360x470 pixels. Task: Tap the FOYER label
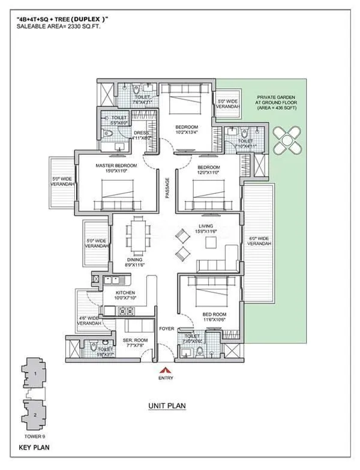166,328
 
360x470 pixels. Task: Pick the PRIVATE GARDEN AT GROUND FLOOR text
275,103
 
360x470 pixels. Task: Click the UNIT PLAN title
167,406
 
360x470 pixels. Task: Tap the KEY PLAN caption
34,447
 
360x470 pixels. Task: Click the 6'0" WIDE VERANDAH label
259,241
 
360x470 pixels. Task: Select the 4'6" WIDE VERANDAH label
89,321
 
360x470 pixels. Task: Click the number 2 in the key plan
35,415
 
